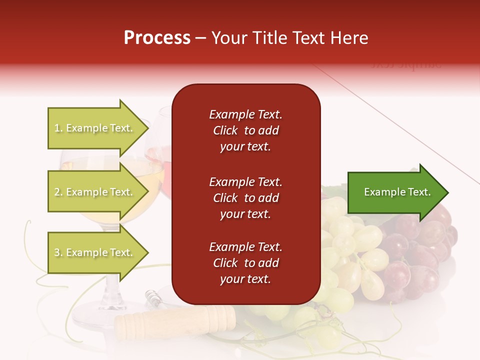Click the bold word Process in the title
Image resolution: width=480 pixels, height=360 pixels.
(x=157, y=38)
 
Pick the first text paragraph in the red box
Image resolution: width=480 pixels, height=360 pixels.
(x=245, y=130)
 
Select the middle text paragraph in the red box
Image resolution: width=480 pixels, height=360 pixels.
(x=245, y=198)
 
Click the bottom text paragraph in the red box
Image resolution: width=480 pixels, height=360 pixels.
(x=245, y=263)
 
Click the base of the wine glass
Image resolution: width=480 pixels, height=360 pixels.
(x=100, y=315)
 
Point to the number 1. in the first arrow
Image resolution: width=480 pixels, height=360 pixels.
(x=58, y=128)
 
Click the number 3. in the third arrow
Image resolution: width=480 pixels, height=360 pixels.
(x=58, y=252)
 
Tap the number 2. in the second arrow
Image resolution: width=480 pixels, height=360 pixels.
(x=58, y=192)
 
